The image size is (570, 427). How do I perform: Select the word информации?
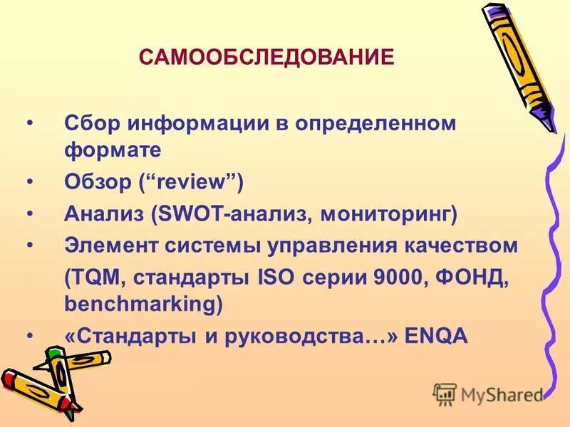(x=192, y=122)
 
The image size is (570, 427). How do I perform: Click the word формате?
(x=113, y=149)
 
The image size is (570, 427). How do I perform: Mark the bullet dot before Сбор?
(x=29, y=122)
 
